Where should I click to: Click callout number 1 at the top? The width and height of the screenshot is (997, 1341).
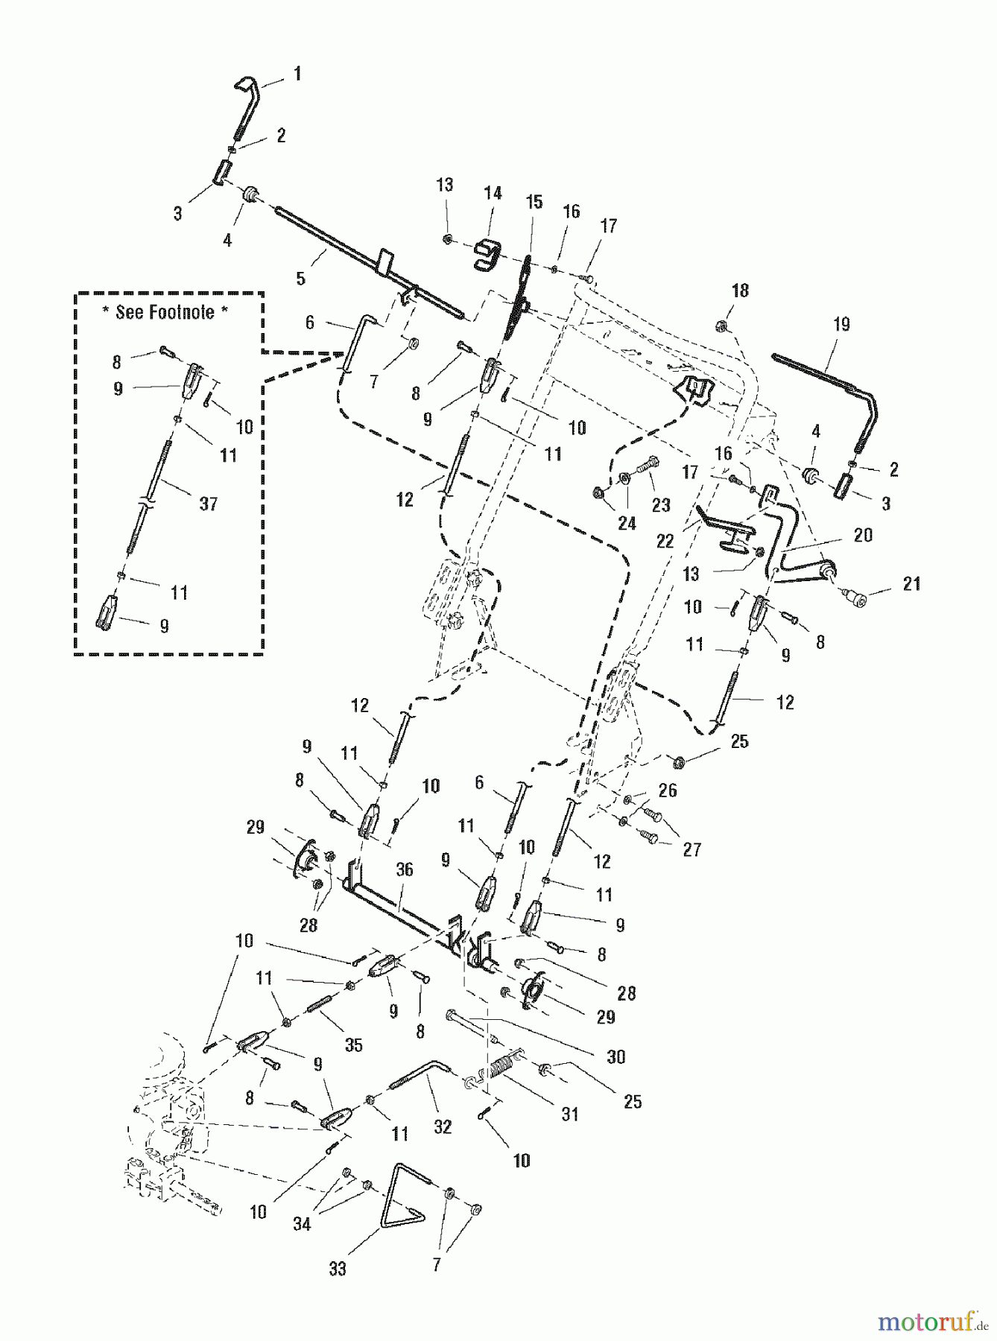tap(297, 74)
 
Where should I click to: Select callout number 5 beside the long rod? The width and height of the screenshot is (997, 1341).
tap(300, 279)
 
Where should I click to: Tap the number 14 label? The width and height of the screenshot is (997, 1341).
tap(493, 193)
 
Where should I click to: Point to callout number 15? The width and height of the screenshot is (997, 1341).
tap(534, 202)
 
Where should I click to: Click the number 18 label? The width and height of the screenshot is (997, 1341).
tap(740, 290)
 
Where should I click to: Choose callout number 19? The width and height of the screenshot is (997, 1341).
tap(841, 324)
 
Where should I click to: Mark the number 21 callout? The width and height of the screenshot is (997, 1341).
tap(911, 584)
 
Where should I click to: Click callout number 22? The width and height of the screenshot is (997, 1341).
tap(665, 541)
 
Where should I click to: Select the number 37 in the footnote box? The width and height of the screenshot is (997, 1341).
tap(208, 504)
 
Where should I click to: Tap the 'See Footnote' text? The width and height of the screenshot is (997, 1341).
tap(165, 312)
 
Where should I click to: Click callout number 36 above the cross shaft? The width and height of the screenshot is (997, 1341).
tap(405, 869)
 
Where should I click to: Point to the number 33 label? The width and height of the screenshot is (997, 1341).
tap(338, 1269)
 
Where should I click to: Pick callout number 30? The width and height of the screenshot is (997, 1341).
tap(615, 1056)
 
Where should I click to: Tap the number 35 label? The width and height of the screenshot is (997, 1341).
tap(353, 1044)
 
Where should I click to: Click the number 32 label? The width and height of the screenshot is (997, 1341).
tap(443, 1127)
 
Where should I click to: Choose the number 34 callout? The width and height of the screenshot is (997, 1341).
tap(301, 1224)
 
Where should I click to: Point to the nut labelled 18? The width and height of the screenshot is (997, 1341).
tap(721, 325)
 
